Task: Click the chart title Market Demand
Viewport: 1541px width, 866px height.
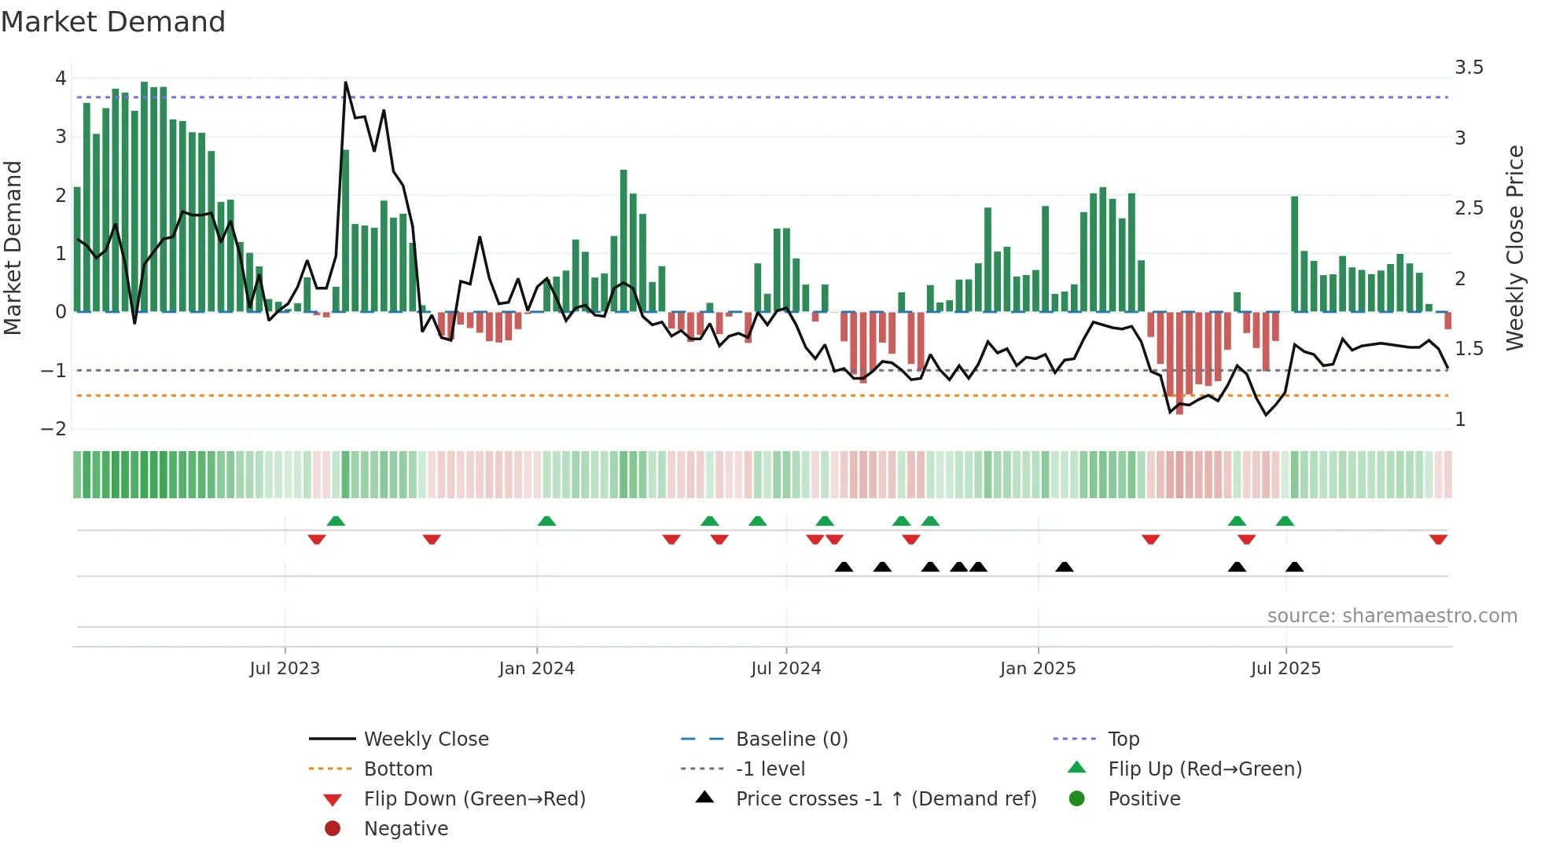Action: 113,22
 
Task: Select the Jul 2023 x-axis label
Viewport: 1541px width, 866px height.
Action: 285,669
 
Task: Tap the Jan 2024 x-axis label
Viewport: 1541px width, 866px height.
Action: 537,669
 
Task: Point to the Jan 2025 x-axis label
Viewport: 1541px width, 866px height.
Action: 1038,669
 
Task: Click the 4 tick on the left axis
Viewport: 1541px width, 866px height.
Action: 61,79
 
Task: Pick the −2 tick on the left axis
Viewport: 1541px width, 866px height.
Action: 54,429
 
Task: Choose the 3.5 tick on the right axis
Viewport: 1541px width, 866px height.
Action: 1469,68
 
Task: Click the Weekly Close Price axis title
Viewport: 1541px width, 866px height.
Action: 1515,248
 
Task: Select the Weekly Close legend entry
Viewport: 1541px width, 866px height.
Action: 425,739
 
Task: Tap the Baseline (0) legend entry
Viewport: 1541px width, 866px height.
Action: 791,739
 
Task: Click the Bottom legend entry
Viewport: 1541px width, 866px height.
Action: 398,769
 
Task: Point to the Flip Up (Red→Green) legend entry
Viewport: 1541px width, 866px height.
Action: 1204,769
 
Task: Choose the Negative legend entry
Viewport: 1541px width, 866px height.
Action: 406,829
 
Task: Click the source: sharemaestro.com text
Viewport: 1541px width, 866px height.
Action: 1392,616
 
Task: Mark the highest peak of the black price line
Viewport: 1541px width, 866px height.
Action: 346,83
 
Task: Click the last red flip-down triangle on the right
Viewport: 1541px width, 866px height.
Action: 1438,539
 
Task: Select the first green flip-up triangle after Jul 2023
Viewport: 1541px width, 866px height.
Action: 336,521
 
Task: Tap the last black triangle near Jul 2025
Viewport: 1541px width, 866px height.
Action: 1294,567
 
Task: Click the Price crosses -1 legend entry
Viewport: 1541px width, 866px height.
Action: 885,799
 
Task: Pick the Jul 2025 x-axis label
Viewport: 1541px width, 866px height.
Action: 1285,669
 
